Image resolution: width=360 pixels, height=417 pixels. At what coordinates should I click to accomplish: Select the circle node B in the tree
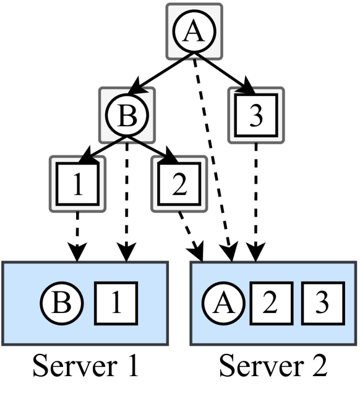(x=127, y=114)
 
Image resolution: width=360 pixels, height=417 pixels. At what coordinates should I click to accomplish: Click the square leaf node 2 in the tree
(x=178, y=183)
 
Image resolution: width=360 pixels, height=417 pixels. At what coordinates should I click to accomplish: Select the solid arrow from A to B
(x=160, y=74)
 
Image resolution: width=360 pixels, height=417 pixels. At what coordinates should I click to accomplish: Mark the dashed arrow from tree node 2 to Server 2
(x=190, y=235)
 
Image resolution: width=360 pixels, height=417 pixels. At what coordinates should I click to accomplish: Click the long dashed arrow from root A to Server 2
(x=215, y=161)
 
